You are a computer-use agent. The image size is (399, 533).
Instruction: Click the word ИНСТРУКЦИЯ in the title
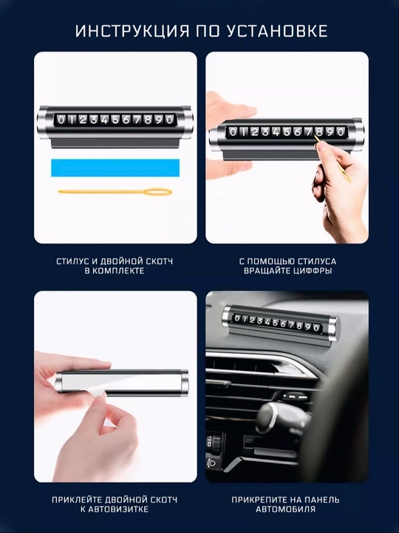(132, 31)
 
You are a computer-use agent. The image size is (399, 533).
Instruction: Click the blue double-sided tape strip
(115, 167)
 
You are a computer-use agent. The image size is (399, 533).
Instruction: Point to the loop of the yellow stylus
(158, 192)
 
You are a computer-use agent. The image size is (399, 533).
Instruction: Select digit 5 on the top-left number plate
(115, 120)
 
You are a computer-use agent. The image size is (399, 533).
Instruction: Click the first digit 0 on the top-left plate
(61, 120)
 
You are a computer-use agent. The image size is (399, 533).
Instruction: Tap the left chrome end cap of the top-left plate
(42, 122)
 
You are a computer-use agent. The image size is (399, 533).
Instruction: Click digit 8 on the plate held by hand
(319, 132)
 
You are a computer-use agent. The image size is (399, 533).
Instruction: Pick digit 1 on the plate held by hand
(243, 132)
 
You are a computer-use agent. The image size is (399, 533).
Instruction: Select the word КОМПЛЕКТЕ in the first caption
(119, 271)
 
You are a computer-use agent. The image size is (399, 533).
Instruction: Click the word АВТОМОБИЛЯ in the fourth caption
(286, 509)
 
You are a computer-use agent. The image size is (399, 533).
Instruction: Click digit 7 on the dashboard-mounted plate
(291, 325)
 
